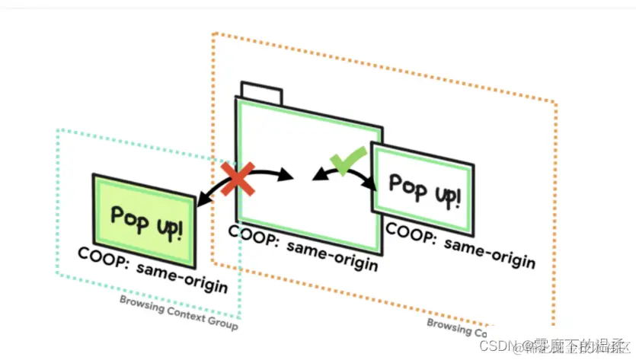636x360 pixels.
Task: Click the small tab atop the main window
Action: coord(260,94)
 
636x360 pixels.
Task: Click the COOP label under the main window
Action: coord(302,246)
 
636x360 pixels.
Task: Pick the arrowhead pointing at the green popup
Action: coord(202,200)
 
